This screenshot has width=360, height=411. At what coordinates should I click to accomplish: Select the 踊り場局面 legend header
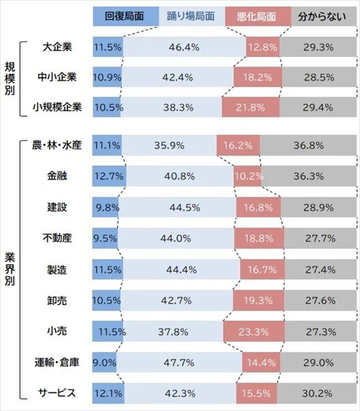coord(191,17)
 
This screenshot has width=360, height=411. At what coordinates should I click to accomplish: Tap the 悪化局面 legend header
coord(258,17)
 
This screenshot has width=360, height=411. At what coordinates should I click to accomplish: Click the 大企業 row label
coord(58,47)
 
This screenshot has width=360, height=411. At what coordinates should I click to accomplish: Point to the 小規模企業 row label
coord(58,107)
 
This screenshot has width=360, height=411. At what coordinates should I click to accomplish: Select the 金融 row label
coord(58,176)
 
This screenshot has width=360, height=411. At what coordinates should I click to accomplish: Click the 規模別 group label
coord(10,77)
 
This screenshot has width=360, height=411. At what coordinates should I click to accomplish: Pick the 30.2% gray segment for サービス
coord(318,394)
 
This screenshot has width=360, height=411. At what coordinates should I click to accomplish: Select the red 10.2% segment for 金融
coord(246,176)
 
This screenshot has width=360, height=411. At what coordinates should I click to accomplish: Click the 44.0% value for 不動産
coord(176,238)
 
